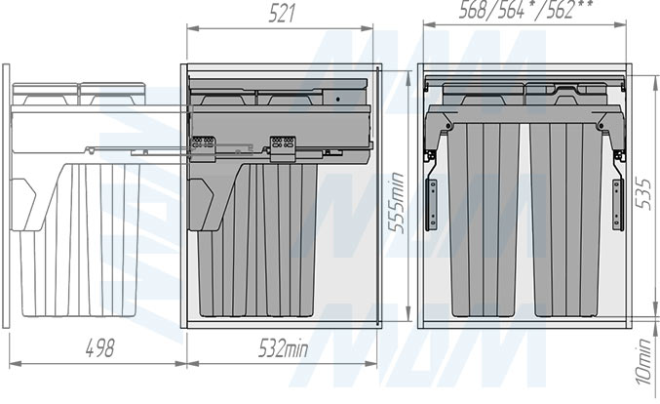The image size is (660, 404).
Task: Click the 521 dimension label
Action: (282, 14)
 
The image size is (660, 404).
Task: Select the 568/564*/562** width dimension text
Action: (525, 9)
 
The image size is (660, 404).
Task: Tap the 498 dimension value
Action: (99, 348)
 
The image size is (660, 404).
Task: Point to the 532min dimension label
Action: (283, 348)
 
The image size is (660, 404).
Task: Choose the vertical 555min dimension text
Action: (396, 203)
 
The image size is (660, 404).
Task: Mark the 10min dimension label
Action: (643, 362)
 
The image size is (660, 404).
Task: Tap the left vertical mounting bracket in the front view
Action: (431, 205)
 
